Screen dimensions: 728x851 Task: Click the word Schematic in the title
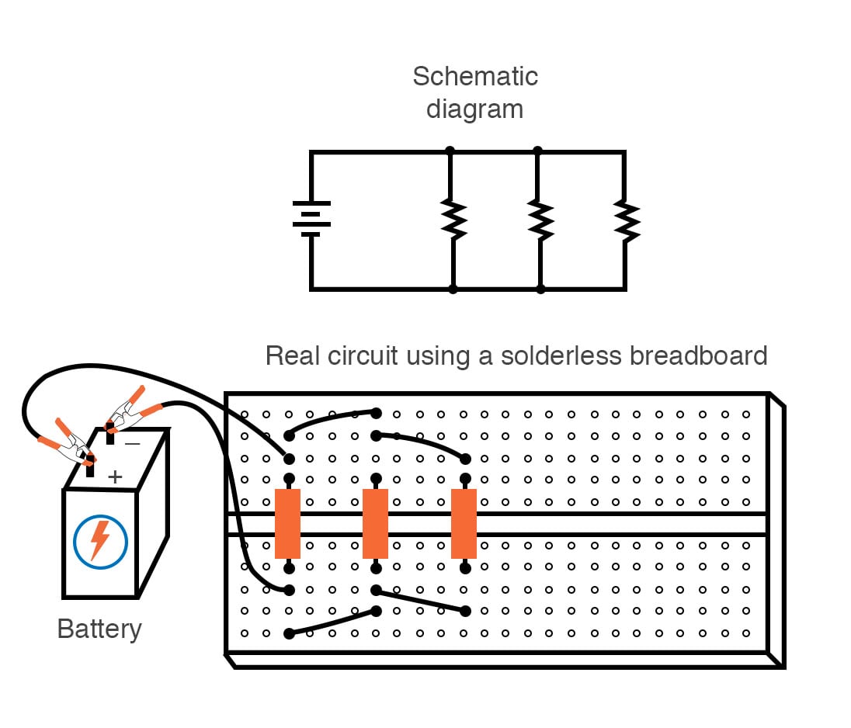click(x=474, y=77)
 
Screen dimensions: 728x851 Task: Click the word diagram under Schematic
click(x=474, y=109)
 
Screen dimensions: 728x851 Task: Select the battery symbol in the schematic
click(x=311, y=219)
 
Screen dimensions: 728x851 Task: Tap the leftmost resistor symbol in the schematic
click(x=453, y=220)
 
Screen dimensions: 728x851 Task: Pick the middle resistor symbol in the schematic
click(x=540, y=220)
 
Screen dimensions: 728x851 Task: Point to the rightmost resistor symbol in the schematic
click(x=626, y=220)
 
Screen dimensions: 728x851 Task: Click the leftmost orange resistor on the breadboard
click(x=287, y=524)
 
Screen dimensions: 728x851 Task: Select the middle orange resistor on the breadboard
click(x=376, y=524)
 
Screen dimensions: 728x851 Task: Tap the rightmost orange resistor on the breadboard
click(x=464, y=524)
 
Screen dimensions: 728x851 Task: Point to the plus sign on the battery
click(x=115, y=477)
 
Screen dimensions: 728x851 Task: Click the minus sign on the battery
click(x=132, y=443)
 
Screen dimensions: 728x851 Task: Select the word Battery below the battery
click(x=99, y=629)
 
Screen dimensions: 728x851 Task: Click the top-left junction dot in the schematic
click(x=450, y=151)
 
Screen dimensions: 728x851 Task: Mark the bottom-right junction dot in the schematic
click(x=540, y=289)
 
